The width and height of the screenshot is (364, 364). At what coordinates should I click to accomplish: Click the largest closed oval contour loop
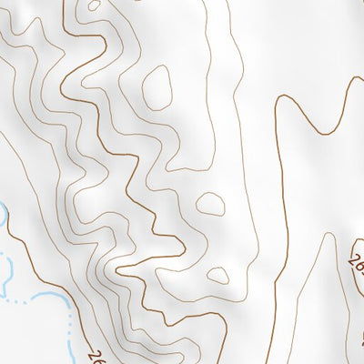pos(157,87)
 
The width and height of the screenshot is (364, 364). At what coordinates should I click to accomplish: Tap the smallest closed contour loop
pos(217,274)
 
